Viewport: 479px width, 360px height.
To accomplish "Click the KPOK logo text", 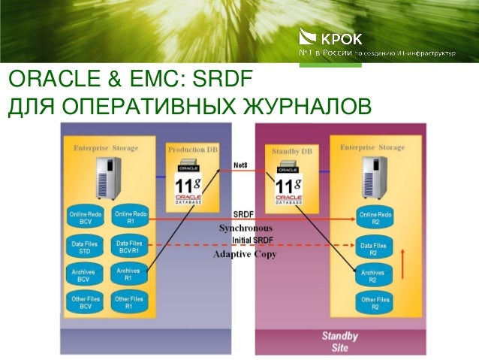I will point(341,37).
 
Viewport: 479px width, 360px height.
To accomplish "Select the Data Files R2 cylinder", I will point(374,249).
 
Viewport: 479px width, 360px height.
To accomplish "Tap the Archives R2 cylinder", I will point(373,276).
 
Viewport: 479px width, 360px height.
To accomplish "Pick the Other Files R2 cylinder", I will point(375,304).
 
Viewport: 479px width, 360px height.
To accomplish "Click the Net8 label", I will point(242,165).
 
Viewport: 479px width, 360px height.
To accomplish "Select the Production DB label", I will point(192,150).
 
